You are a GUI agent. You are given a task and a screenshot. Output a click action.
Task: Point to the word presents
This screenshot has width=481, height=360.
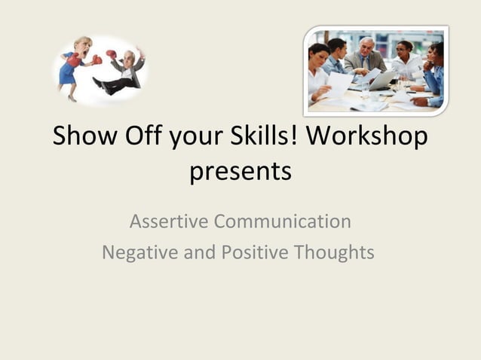(x=240, y=172)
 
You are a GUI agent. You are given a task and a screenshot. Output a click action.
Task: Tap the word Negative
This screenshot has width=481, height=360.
(x=137, y=252)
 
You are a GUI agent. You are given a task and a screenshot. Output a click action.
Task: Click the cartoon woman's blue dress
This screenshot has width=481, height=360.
(x=70, y=72)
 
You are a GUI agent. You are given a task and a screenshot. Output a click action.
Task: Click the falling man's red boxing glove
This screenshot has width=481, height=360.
(x=112, y=54)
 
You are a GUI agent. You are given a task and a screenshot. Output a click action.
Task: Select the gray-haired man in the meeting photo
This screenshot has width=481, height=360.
(x=366, y=55)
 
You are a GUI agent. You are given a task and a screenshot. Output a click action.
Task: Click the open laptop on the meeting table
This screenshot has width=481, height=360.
(x=382, y=79)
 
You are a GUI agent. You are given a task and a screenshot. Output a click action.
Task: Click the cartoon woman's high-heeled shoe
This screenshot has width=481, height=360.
(x=73, y=96)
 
